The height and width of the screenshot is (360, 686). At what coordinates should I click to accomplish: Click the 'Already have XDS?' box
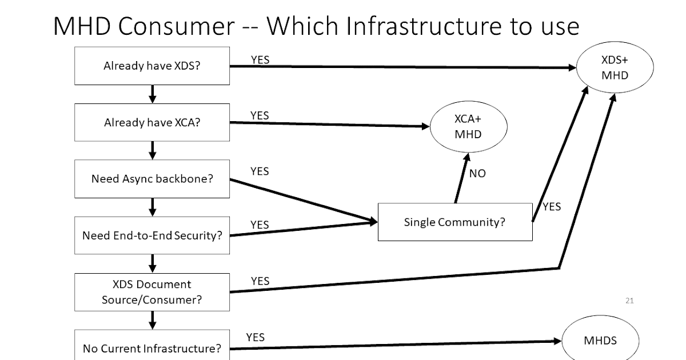click(x=152, y=66)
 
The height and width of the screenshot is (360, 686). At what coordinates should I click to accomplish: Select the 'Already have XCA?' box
click(x=152, y=122)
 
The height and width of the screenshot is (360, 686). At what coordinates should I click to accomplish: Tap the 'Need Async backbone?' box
click(x=152, y=179)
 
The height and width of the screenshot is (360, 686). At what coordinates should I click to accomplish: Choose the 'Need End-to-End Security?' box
click(x=152, y=235)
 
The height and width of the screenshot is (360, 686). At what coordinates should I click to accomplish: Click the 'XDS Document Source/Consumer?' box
click(x=152, y=291)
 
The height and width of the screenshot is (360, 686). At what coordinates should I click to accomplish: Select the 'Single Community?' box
click(x=455, y=222)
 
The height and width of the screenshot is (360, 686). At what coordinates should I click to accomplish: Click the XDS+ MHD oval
click(x=615, y=67)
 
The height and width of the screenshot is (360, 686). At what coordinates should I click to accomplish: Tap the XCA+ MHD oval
click(x=468, y=127)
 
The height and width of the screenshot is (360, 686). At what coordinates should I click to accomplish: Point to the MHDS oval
click(x=600, y=341)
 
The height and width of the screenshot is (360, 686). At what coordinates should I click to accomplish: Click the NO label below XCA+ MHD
click(x=477, y=173)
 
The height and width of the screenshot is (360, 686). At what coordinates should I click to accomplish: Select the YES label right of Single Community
click(x=552, y=207)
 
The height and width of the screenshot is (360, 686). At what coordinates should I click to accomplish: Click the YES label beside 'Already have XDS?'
click(x=260, y=59)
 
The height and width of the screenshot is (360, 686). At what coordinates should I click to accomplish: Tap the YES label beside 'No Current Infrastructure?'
click(x=256, y=337)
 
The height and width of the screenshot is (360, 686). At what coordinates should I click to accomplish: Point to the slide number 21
click(x=629, y=301)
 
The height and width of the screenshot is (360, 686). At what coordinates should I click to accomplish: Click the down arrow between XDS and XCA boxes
click(x=152, y=94)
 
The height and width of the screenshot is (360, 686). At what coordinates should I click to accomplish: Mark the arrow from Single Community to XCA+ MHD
click(x=462, y=177)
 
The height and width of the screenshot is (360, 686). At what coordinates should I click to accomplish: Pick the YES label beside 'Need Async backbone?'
click(x=260, y=171)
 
